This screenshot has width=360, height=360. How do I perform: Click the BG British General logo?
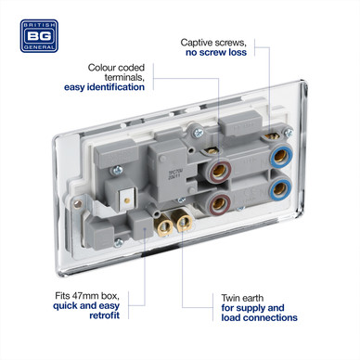(x=39, y=36)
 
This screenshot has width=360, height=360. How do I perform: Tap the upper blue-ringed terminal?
(x=280, y=157)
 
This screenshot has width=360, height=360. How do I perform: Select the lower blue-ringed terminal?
(x=280, y=188)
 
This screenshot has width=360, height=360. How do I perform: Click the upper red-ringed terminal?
(x=219, y=171)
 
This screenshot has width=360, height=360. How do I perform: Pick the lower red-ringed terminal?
(x=219, y=203)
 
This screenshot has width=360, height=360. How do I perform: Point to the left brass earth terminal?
(x=163, y=225)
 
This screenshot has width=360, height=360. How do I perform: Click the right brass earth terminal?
(x=183, y=221)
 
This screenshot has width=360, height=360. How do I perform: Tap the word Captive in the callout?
(x=196, y=43)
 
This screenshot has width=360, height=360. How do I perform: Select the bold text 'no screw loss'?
(x=216, y=52)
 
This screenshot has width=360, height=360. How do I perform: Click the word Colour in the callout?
(x=101, y=68)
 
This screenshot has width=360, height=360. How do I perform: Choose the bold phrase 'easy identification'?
(x=104, y=87)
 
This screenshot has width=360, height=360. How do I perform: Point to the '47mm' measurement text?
(x=84, y=296)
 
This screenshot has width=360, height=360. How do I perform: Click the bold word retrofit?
(x=104, y=315)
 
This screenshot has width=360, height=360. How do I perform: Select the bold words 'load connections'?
(x=259, y=317)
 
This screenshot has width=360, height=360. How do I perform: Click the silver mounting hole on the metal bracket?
(x=78, y=204)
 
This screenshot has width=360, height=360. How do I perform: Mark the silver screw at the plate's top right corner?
(x=289, y=134)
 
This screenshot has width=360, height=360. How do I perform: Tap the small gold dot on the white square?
(x=126, y=200)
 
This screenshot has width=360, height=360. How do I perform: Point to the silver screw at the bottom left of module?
(x=118, y=243)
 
